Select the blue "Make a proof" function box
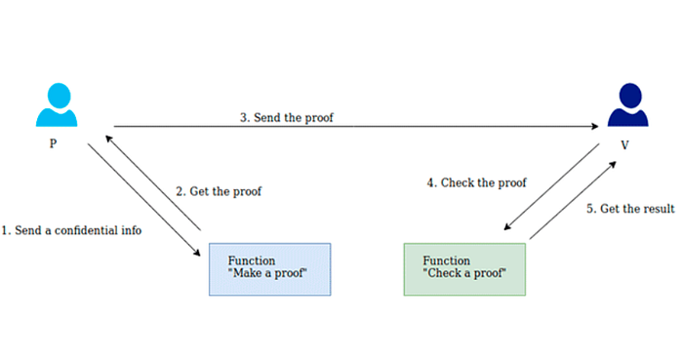270,268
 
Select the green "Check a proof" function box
464,268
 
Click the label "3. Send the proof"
290,117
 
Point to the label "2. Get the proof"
218,191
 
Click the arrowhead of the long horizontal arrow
594,127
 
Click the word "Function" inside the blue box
251,260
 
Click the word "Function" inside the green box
446,260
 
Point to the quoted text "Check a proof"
463,274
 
